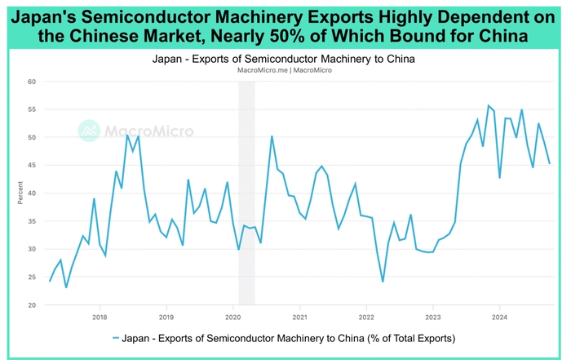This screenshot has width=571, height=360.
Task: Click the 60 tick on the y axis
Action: tap(30, 82)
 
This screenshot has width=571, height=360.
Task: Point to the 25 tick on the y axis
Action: tap(30, 278)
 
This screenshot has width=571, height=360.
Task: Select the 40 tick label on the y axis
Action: tap(30, 193)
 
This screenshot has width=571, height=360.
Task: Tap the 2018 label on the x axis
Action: tap(99, 317)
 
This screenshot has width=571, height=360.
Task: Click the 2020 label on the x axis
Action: tap(232, 317)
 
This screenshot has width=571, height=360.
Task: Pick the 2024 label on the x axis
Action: tap(500, 317)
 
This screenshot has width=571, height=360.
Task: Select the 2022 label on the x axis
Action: tap(366, 317)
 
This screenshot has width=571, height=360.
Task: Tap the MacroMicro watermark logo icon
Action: tap(89, 131)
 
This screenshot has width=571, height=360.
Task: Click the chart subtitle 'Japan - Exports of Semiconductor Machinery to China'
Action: tap(285, 60)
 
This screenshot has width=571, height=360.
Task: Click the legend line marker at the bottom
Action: tap(116, 338)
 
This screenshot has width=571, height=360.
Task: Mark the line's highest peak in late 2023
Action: tap(488, 105)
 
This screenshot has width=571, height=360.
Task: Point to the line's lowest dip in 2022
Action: tap(383, 282)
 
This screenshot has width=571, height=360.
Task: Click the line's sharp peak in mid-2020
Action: tap(272, 136)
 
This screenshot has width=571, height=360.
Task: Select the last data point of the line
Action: tap(549, 163)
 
